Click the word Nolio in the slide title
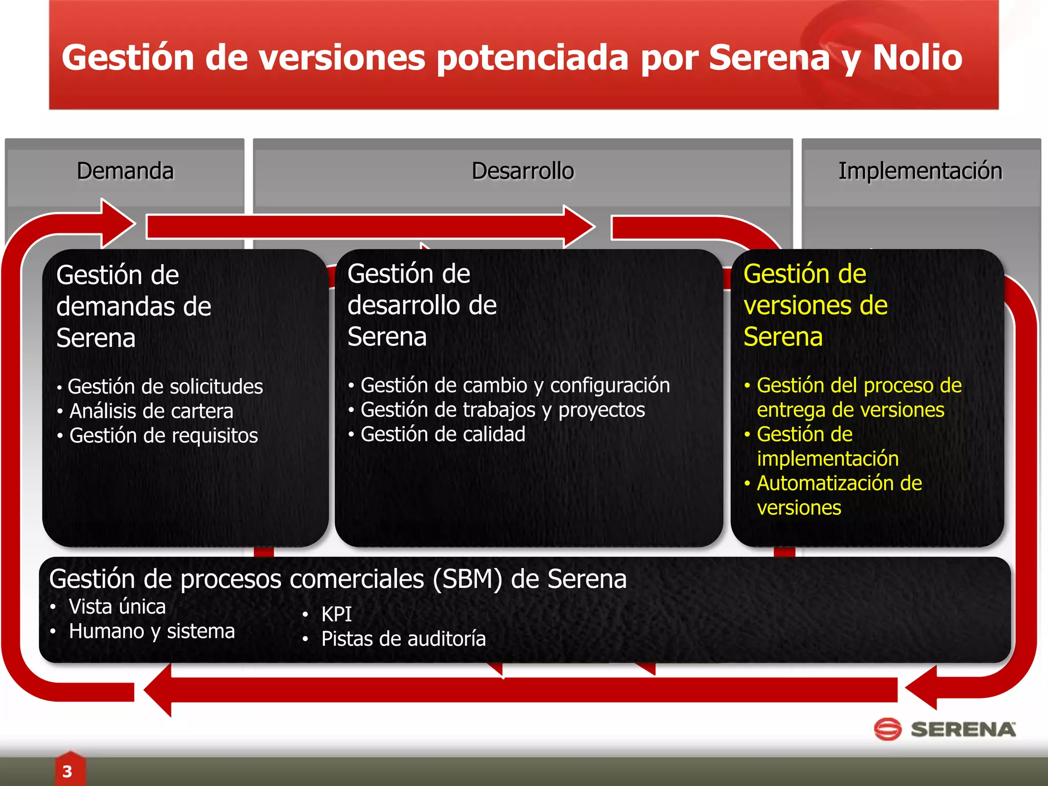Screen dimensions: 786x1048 [917, 57]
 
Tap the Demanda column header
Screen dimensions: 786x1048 [125, 171]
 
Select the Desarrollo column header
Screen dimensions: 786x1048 [522, 171]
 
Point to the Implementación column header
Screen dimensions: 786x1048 [920, 171]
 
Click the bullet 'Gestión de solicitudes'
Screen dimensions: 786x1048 [165, 387]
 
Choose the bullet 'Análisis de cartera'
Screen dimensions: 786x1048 [151, 411]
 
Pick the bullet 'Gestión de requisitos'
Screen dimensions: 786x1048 [163, 436]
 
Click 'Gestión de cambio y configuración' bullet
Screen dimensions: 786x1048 [515, 385]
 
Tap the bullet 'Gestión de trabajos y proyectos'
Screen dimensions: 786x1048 [503, 410]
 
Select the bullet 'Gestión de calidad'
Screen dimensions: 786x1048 [443, 434]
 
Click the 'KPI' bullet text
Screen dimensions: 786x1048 [336, 614]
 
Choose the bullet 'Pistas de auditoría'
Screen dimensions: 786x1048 [403, 639]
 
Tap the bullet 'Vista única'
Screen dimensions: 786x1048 [117, 607]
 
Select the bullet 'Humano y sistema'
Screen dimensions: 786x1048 [151, 631]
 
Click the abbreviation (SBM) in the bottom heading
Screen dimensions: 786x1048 [467, 579]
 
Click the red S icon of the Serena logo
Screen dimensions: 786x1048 [887, 729]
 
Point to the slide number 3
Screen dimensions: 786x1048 [67, 771]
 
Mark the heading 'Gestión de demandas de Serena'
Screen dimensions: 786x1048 [134, 307]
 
